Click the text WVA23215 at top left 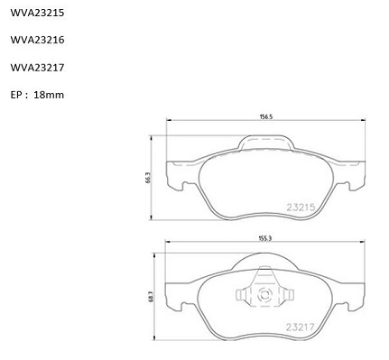point(37,13)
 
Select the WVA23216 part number point(37,40)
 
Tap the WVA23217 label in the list point(37,68)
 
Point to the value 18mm point(49,95)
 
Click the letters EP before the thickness point(15,95)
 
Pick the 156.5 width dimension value point(266,117)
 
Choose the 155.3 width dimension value point(265,238)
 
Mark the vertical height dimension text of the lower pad point(151,297)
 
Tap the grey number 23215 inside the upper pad point(301,208)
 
